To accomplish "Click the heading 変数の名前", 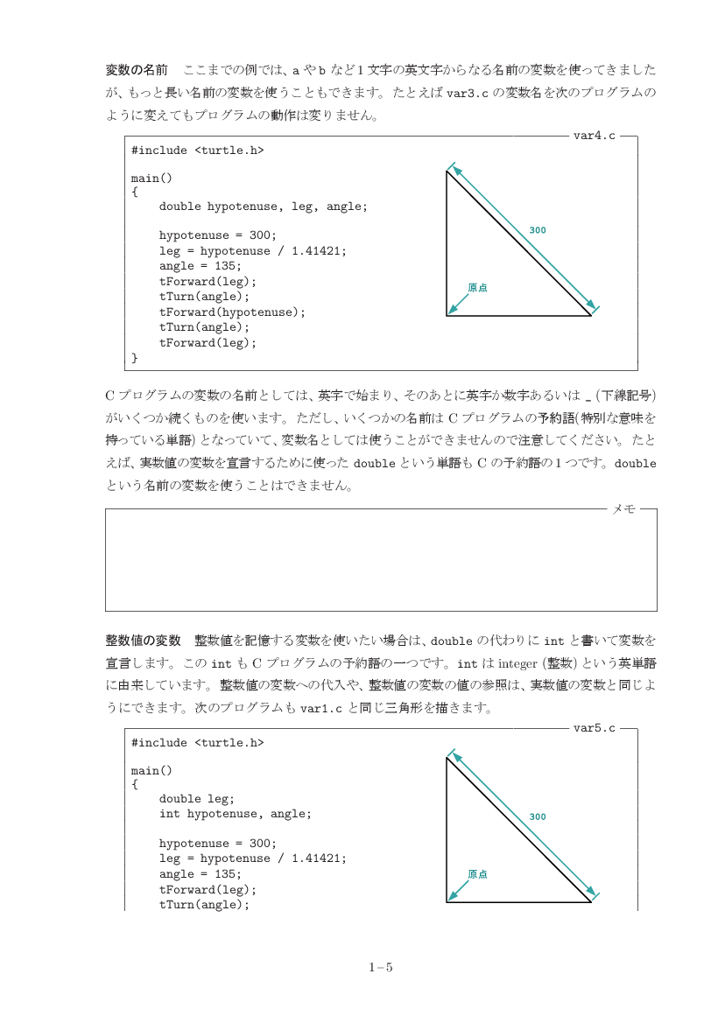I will [137, 69].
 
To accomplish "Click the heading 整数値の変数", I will [143, 640].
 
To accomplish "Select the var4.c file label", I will [594, 136].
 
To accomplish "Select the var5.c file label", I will [594, 727].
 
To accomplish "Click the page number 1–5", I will [381, 967].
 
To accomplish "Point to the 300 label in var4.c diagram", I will [538, 230].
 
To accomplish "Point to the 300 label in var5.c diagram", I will [538, 816].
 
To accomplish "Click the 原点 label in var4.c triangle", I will [477, 287].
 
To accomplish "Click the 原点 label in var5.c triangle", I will [477, 873].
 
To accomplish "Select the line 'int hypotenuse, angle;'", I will [235, 814].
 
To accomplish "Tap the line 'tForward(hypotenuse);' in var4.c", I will [232, 312].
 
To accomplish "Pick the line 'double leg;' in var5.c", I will [197, 798].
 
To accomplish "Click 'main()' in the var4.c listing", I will [151, 179].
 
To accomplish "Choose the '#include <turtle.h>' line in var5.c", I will [197, 743].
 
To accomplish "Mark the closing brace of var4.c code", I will [135, 358].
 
